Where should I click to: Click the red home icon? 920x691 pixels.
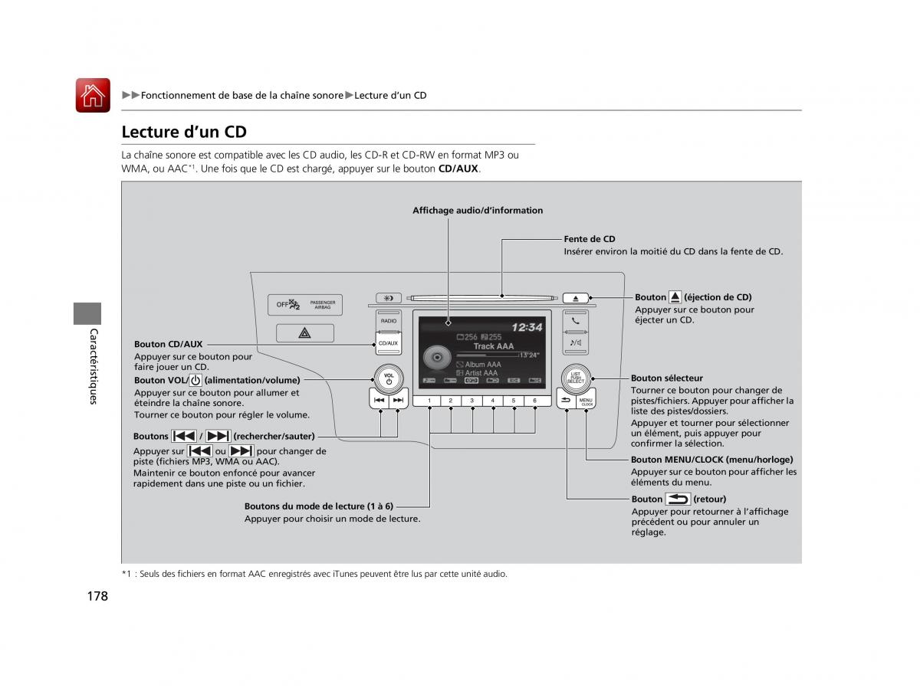93,96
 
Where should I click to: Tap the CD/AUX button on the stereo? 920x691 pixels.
388,343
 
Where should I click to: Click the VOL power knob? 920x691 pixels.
389,377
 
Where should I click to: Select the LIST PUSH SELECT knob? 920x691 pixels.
576,377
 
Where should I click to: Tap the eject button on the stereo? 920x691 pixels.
576,298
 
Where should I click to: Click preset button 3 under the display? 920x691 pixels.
472,401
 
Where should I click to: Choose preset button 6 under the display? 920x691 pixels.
534,401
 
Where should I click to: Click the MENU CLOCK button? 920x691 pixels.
586,401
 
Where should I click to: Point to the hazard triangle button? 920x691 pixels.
304,332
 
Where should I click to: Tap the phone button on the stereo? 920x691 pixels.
576,321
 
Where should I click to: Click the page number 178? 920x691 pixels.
97,596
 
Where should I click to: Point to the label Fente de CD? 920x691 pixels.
590,239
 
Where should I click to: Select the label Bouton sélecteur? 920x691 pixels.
666,378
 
